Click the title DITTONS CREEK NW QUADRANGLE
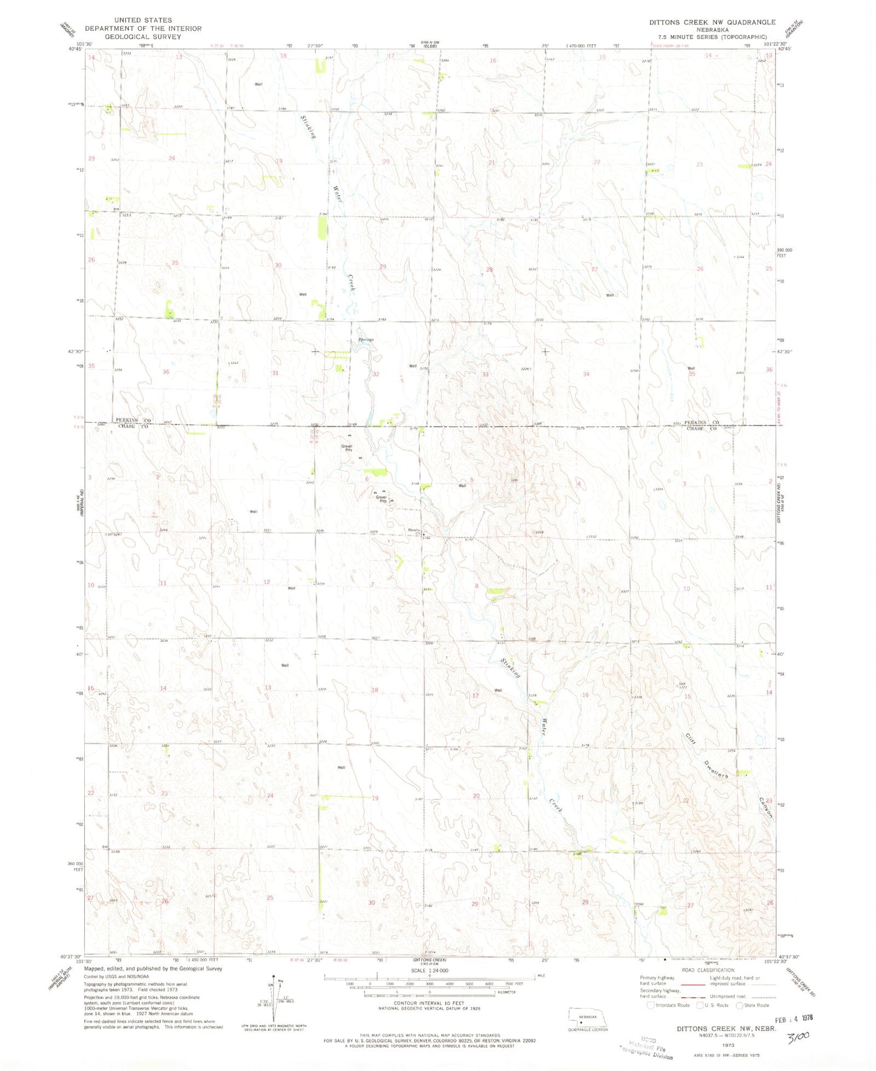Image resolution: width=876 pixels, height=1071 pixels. (x=712, y=22)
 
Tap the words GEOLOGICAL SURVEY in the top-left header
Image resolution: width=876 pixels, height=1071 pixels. (x=142, y=36)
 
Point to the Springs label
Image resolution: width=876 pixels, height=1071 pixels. (x=366, y=339)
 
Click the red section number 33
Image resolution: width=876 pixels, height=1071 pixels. (x=485, y=375)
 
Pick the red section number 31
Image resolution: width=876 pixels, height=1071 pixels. (x=275, y=373)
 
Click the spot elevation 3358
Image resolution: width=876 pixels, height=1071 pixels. (x=538, y=532)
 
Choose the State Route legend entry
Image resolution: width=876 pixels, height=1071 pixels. (x=752, y=1005)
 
